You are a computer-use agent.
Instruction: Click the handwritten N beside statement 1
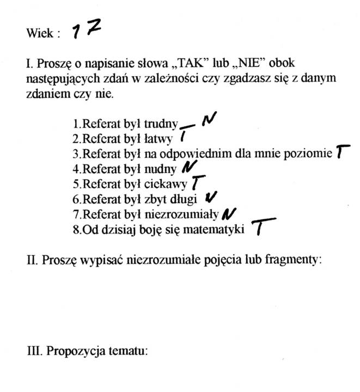coord(208,120)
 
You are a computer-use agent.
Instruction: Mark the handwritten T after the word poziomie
coord(341,152)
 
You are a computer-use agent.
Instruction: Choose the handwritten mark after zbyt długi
coord(212,197)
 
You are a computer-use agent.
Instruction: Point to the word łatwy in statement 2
coord(159,139)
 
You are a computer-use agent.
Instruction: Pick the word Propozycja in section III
coord(70,351)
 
